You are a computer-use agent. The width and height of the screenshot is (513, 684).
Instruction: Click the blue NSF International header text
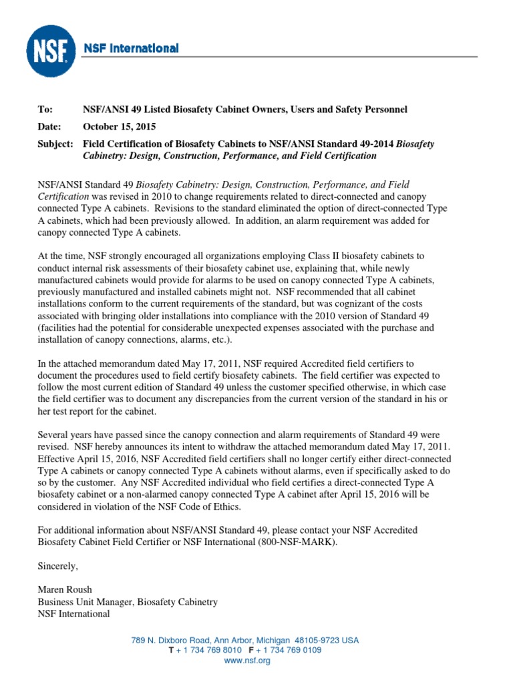130,48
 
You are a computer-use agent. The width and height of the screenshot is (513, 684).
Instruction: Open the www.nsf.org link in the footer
246,661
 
